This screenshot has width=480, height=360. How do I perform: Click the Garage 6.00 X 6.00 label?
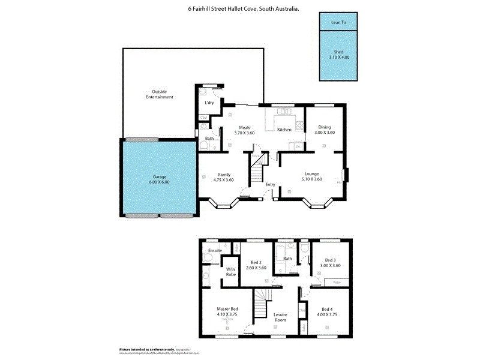pyautogui.click(x=160, y=179)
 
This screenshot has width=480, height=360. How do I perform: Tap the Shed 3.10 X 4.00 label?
pyautogui.click(x=339, y=55)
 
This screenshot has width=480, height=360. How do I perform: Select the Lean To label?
pyautogui.click(x=339, y=23)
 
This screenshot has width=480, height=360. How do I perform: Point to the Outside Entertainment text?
pyautogui.click(x=159, y=94)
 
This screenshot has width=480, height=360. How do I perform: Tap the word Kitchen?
pyautogui.click(x=284, y=130)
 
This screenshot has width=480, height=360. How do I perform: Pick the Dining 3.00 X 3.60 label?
pyautogui.click(x=325, y=130)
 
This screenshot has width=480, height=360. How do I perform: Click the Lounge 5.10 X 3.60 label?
pyautogui.click(x=310, y=176)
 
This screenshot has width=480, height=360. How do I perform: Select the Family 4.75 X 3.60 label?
pyautogui.click(x=223, y=176)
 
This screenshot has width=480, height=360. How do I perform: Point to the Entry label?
pyautogui.click(x=270, y=184)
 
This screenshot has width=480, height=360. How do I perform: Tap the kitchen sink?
pyautogui.click(x=282, y=110)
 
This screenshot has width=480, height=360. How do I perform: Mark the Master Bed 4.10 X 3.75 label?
pyautogui.click(x=227, y=312)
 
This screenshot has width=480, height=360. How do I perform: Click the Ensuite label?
pyautogui.click(x=215, y=250)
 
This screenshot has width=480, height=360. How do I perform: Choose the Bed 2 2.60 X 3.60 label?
pyautogui.click(x=256, y=265)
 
